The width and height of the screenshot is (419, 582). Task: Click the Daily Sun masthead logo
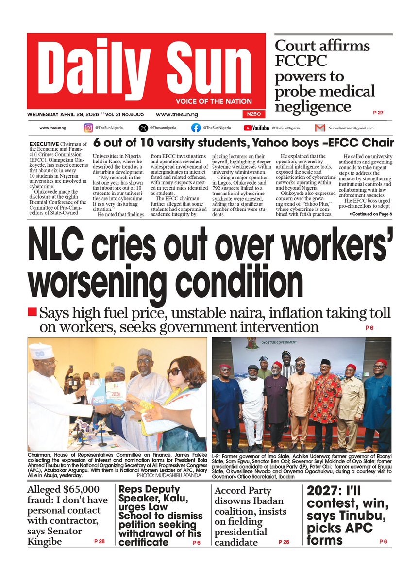click(147, 66)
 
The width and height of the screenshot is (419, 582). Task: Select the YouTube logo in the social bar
click(256, 128)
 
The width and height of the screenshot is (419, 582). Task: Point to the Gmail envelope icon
click(319, 128)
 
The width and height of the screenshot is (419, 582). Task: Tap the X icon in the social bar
click(143, 128)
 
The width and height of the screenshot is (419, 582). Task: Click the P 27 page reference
click(378, 113)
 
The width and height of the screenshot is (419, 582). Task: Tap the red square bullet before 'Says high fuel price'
click(32, 311)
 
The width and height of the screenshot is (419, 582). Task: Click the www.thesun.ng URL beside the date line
click(177, 114)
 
